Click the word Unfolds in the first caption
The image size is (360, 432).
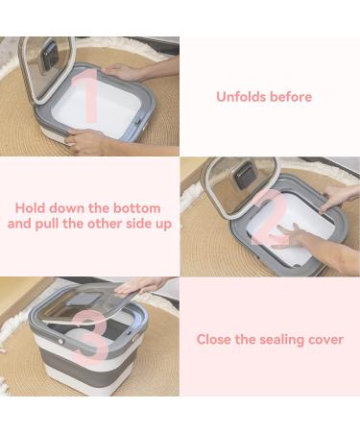pos(240,97)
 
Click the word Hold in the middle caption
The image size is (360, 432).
pos(32,208)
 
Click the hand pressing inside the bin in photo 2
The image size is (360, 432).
pos(289,236)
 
